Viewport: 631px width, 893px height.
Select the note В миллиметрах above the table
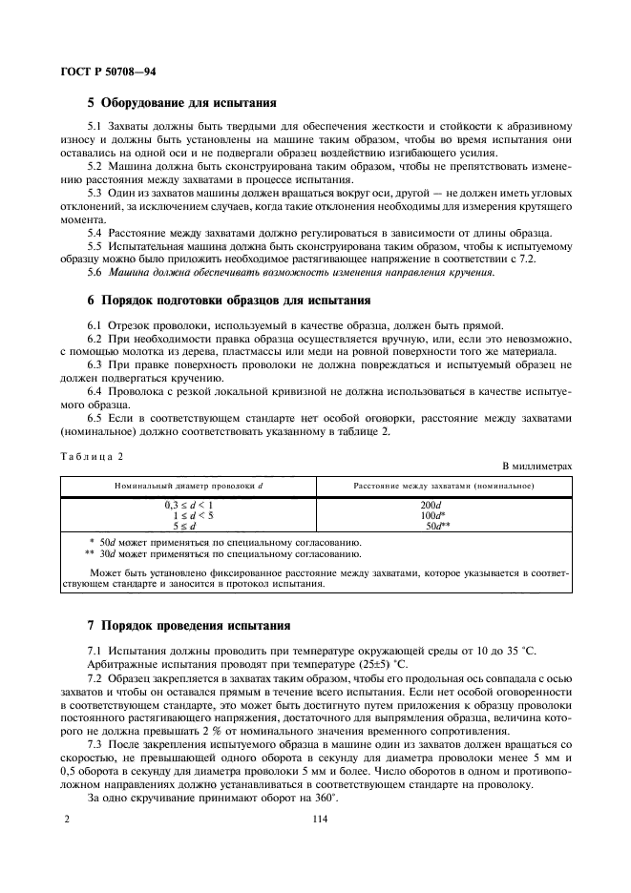click(536, 467)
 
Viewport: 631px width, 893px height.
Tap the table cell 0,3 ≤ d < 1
click(188, 504)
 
